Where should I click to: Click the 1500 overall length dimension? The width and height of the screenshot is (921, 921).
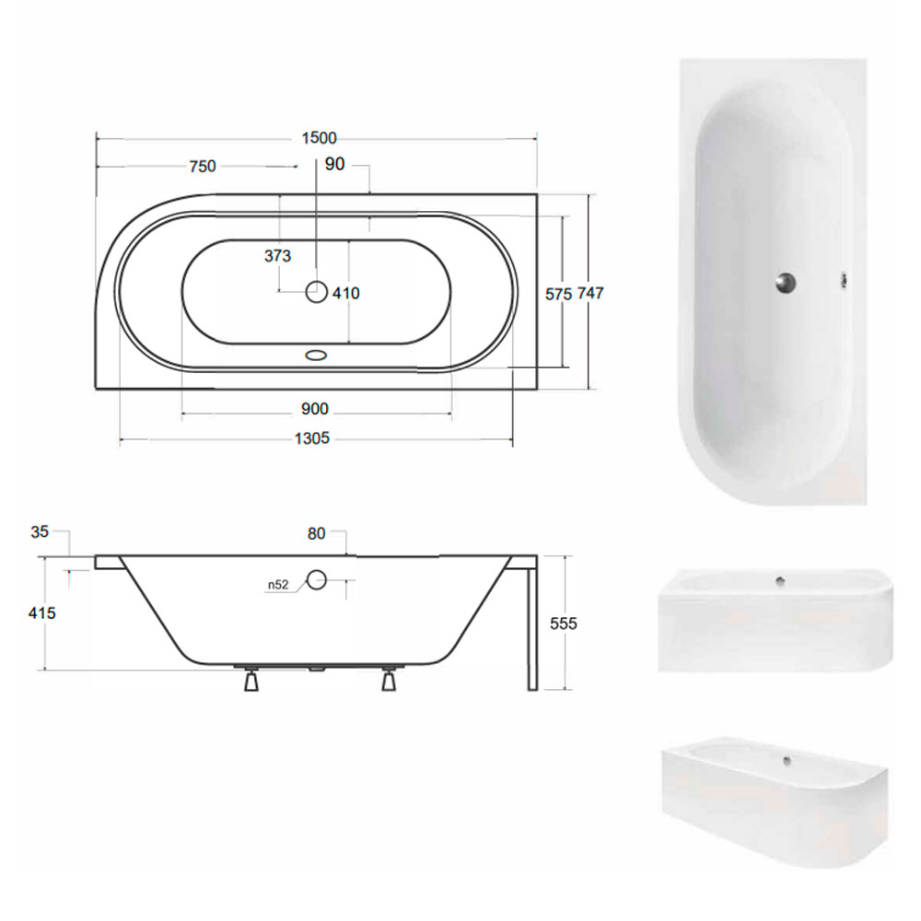[x=319, y=138]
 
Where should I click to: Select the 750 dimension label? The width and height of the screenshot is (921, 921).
[x=203, y=166]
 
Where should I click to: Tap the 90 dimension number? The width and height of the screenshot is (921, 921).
[x=335, y=164]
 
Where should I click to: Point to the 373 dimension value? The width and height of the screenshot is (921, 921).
[x=277, y=255]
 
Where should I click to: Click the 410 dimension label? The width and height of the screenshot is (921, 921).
[x=346, y=293]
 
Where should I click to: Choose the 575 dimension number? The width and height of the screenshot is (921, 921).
[x=558, y=294]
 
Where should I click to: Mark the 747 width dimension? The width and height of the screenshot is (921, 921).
[x=590, y=293]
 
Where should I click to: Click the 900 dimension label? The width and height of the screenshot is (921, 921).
[x=315, y=409]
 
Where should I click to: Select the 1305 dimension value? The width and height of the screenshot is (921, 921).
[x=312, y=438]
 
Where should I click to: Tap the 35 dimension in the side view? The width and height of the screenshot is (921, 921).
[x=40, y=531]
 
